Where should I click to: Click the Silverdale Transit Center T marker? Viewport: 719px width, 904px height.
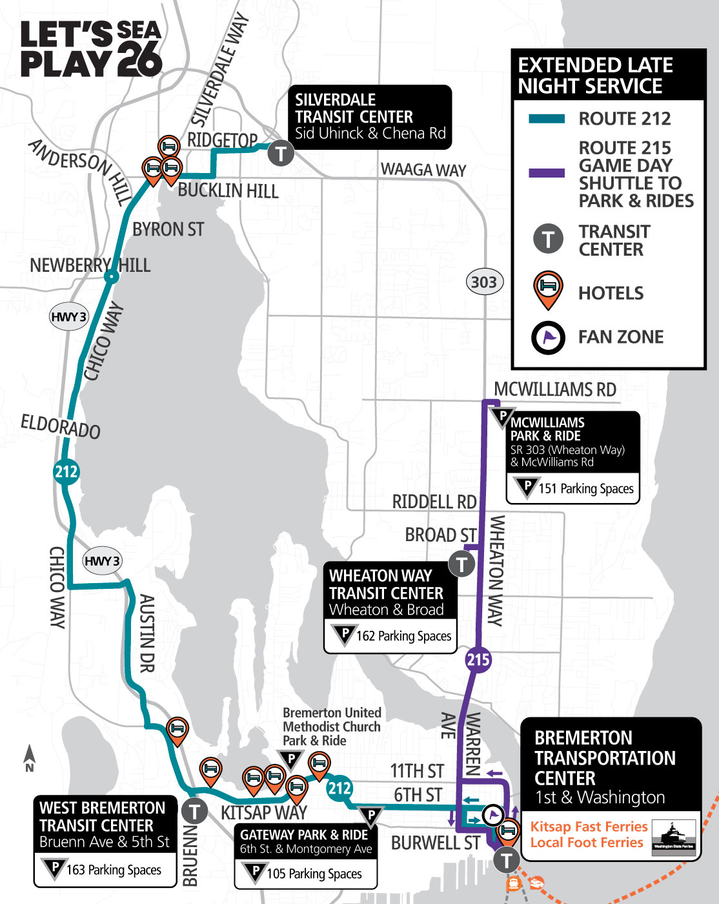281,153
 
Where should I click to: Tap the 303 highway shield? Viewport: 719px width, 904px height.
484,282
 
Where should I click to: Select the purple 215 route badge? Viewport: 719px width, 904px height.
478,659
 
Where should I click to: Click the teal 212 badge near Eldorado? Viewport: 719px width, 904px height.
66,472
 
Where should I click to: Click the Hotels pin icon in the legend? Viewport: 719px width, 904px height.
548,289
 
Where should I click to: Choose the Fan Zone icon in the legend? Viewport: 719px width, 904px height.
548,337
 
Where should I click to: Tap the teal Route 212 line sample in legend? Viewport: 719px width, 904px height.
547,119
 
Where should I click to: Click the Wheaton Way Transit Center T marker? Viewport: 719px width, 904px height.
461,564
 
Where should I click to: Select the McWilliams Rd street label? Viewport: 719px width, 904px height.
554,390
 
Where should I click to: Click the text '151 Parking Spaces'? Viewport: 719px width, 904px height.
585,489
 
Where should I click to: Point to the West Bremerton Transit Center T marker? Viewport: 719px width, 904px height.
194,811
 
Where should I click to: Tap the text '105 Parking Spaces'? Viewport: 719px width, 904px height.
314,874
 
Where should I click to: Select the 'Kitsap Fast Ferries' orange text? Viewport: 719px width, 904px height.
589,827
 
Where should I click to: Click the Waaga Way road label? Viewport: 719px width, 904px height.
423,170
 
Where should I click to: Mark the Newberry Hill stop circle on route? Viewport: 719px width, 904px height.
112,278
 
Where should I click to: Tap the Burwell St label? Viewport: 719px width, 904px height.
435,843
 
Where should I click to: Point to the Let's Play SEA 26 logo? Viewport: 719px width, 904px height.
90,49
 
